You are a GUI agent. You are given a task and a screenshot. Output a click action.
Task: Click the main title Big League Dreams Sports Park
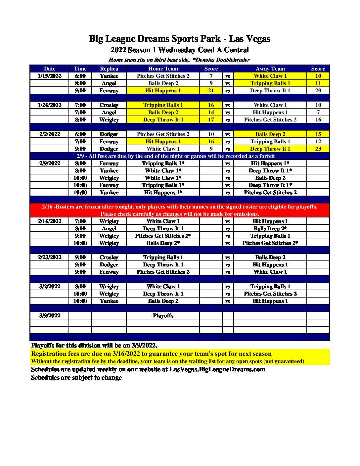(180, 39)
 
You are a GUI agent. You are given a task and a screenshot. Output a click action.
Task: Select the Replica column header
(109, 69)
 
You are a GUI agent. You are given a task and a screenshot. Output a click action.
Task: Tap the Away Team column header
(270, 69)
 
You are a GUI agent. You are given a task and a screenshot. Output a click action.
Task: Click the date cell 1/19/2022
(50, 76)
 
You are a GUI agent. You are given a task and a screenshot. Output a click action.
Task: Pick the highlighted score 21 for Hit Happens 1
(211, 91)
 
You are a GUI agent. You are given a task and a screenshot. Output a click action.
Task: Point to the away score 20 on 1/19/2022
(318, 91)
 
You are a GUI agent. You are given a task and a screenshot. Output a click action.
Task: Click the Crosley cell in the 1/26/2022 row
(109, 105)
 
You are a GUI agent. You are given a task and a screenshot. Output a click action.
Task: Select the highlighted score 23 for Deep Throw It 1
(318, 149)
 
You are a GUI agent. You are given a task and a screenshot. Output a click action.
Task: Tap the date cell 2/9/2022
(50, 163)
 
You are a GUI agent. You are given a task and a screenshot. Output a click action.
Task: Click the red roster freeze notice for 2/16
(180, 210)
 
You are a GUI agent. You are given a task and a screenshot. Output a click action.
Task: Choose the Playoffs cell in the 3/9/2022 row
(163, 316)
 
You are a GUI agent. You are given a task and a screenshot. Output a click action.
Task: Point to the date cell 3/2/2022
(50, 287)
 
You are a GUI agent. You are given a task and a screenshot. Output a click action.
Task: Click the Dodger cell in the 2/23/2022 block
(109, 265)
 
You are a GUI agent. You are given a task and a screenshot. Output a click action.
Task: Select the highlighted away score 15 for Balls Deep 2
(318, 134)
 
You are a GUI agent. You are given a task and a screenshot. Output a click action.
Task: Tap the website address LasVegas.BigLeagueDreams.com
(217, 369)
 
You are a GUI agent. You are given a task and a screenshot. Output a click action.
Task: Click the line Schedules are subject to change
(76, 378)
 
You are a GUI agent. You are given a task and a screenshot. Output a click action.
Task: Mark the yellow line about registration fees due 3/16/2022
(151, 354)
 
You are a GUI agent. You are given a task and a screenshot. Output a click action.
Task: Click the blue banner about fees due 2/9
(176, 156)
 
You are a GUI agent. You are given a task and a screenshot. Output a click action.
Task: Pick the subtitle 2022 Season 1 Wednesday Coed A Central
(180, 50)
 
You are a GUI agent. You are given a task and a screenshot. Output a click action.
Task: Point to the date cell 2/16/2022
(50, 221)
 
